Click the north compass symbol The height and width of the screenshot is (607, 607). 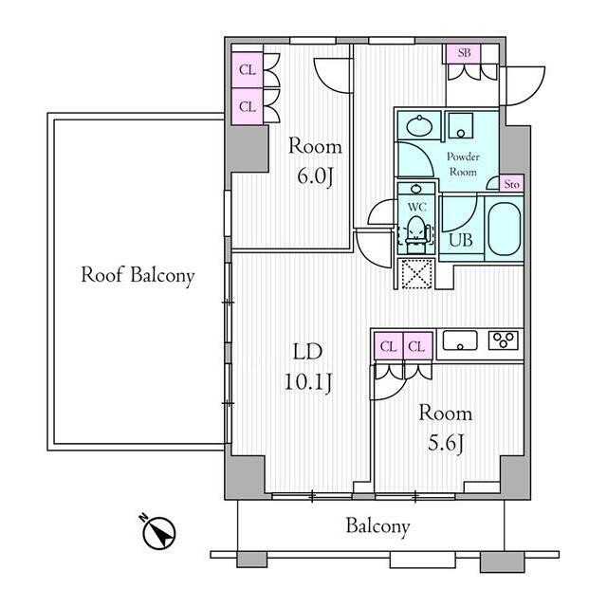click(x=158, y=532)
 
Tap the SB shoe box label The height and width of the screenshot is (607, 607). click(x=464, y=53)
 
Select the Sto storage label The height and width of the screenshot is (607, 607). click(x=512, y=185)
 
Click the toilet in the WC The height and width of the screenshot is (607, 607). click(x=415, y=230)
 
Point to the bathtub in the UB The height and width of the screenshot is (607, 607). click(x=505, y=228)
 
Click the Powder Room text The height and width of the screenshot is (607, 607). click(x=463, y=164)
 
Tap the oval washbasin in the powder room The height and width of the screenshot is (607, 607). click(x=419, y=125)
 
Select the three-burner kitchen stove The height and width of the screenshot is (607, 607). click(x=504, y=340)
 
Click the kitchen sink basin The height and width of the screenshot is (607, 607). click(x=460, y=340)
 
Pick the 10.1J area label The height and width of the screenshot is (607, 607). click(x=308, y=383)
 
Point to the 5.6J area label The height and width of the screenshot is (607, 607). click(x=445, y=445)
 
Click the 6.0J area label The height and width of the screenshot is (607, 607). click(x=315, y=177)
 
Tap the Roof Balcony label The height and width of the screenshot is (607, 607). click(x=138, y=276)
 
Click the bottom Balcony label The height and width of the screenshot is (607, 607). click(x=377, y=527)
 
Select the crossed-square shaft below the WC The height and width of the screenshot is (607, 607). click(x=415, y=274)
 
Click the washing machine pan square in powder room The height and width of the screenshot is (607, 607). click(x=460, y=125)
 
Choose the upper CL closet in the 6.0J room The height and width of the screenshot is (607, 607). click(x=248, y=70)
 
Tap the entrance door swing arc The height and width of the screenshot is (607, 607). click(x=524, y=86)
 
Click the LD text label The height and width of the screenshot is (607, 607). click(x=307, y=352)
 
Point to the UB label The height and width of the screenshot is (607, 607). click(x=461, y=240)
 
